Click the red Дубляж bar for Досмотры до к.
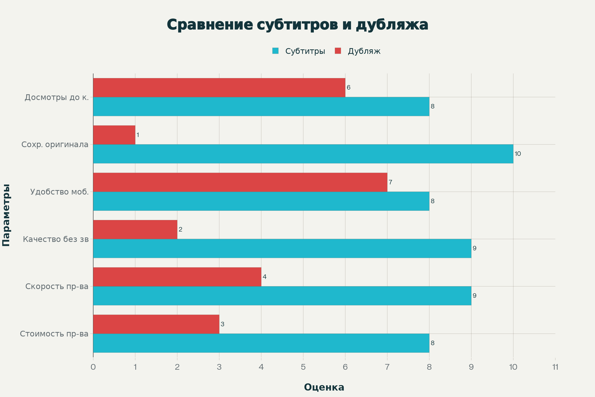point(219,88)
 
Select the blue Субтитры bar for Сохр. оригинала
point(303,154)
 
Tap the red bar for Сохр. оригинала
point(114,135)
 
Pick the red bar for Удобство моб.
point(240,182)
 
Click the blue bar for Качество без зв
point(282,248)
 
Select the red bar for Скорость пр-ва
point(177,277)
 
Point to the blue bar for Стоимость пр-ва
point(261,343)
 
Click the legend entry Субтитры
point(305,51)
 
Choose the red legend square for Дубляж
point(338,51)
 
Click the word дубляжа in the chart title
point(392,25)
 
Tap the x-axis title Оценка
point(324,387)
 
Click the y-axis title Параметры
point(6,215)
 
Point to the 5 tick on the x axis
point(303,367)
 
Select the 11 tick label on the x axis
point(555,367)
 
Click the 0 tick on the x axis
point(93,367)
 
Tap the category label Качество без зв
point(56,239)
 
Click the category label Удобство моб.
point(59,192)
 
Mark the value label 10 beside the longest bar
point(518,154)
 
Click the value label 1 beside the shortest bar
point(138,135)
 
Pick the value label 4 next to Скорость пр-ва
point(264,277)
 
